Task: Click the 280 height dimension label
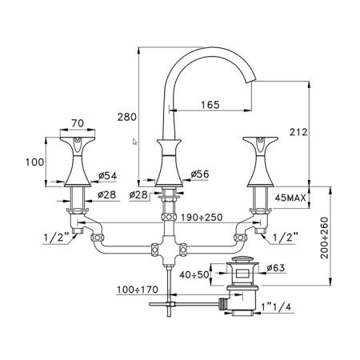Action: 127,117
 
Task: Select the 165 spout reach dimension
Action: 210,105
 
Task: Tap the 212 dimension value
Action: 298,132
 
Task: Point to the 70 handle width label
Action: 78,123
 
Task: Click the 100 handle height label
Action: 35,162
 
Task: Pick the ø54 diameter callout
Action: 108,175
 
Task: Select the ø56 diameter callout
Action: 200,174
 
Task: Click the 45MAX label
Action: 290,198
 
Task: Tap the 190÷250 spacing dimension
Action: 202,218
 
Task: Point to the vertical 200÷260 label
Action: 325,238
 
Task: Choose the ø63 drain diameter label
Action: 276,267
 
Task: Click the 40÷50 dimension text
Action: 194,274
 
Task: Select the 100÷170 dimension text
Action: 138,290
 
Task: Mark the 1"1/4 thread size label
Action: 276,306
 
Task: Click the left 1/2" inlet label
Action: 56,237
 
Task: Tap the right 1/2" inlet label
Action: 284,237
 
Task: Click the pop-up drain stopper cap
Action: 242,260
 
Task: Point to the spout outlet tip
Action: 251,81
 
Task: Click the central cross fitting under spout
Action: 169,250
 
